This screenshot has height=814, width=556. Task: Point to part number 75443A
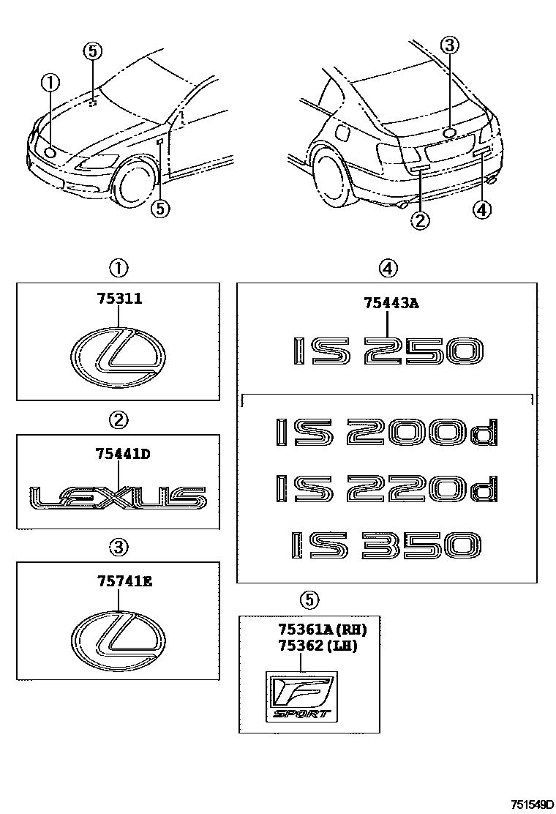[391, 302]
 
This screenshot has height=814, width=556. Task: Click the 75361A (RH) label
[322, 628]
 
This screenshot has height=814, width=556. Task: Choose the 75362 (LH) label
[317, 646]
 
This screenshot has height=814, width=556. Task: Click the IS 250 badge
[387, 351]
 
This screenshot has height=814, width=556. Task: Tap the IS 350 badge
[387, 547]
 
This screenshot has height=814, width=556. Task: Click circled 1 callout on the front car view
[50, 84]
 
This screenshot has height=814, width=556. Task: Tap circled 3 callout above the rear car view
[450, 46]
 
